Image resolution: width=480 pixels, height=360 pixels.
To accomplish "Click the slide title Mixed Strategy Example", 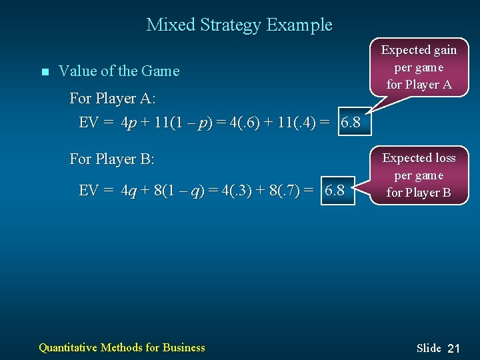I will pyautogui.click(x=239, y=25).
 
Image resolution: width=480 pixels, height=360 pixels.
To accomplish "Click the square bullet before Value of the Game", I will pyautogui.click(x=45, y=72).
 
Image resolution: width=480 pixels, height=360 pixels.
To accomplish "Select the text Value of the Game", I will pyautogui.click(x=119, y=71).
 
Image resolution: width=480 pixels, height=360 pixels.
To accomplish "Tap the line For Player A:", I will pyautogui.click(x=113, y=99).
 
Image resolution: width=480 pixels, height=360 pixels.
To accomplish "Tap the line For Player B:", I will pyautogui.click(x=112, y=159).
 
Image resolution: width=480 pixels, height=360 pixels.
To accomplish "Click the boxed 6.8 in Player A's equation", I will pyautogui.click(x=350, y=123).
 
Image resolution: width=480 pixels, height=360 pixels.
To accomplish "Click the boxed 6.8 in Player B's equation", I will pyautogui.click(x=334, y=190).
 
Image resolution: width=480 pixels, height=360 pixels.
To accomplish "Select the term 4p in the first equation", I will pyautogui.click(x=130, y=123).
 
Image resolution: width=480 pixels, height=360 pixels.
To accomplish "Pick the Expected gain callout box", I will pyautogui.click(x=418, y=67).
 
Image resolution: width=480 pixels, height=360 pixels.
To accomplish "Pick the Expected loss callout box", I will pyautogui.click(x=419, y=175).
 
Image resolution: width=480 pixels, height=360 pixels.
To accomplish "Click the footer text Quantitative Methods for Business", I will pyautogui.click(x=122, y=347).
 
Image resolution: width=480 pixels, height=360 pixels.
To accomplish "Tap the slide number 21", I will pyautogui.click(x=454, y=348).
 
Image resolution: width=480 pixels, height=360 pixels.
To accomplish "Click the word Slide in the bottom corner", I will pyautogui.click(x=429, y=348).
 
